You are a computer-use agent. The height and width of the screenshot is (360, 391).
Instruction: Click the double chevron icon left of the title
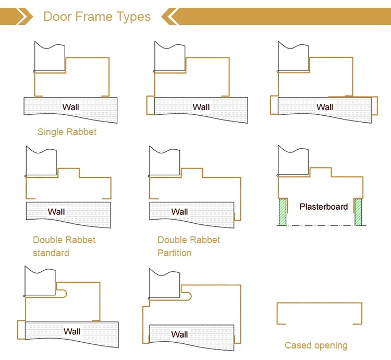click(21, 16)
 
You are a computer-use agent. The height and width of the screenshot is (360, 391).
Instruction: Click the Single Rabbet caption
click(67, 132)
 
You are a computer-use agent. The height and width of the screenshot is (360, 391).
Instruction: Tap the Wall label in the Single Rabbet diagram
click(71, 107)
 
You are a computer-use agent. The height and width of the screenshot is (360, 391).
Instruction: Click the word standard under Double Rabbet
click(51, 253)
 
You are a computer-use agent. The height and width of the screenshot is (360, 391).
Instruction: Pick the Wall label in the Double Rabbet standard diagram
click(56, 211)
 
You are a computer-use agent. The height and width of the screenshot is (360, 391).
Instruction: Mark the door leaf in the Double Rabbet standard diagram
click(41, 162)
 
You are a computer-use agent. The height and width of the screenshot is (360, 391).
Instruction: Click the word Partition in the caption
click(175, 253)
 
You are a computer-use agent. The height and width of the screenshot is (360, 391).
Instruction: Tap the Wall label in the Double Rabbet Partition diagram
click(179, 211)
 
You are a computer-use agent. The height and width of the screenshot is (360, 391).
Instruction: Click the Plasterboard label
click(323, 207)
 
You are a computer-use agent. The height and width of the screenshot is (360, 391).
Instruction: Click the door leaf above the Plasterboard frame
click(294, 162)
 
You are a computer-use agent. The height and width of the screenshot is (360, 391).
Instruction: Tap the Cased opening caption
click(316, 345)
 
